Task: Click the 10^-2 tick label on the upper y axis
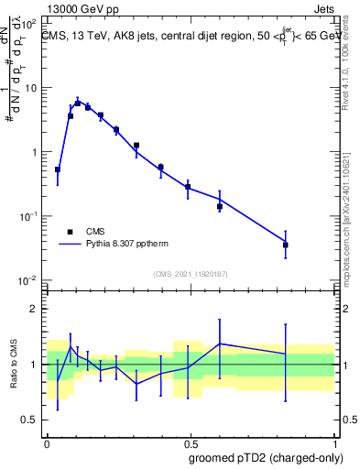(30, 280)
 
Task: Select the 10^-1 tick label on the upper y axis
(30, 216)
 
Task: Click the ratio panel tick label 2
(36, 309)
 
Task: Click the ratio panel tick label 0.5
(32, 420)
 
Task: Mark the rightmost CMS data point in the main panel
(286, 245)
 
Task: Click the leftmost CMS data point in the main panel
(58, 169)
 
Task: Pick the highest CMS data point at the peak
(78, 104)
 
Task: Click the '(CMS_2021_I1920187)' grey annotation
(190, 274)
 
